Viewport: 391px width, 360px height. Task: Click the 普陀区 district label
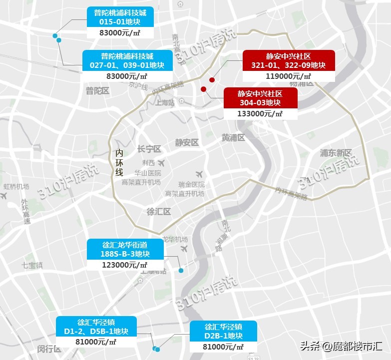click(97, 91)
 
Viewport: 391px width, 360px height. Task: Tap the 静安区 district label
click(187, 143)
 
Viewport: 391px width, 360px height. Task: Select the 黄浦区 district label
click(233, 138)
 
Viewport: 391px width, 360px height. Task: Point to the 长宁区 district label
click(149, 149)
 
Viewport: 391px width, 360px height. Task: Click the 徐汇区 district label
click(159, 212)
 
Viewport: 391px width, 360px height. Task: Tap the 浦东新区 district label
click(336, 153)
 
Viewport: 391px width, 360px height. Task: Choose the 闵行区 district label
click(49, 349)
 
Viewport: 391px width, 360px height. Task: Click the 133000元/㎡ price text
click(260, 113)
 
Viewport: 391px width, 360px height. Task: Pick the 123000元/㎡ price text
click(125, 265)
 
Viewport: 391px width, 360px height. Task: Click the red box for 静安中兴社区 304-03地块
click(260, 98)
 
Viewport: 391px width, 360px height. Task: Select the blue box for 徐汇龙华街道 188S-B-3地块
click(125, 249)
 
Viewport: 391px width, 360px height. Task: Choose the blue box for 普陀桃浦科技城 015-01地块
click(120, 17)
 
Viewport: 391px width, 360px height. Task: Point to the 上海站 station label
click(164, 103)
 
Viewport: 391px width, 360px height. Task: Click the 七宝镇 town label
click(32, 265)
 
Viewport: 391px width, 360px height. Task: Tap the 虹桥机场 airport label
click(16, 187)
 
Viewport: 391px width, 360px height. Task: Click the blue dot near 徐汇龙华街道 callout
click(181, 271)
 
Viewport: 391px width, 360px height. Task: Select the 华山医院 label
click(144, 173)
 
